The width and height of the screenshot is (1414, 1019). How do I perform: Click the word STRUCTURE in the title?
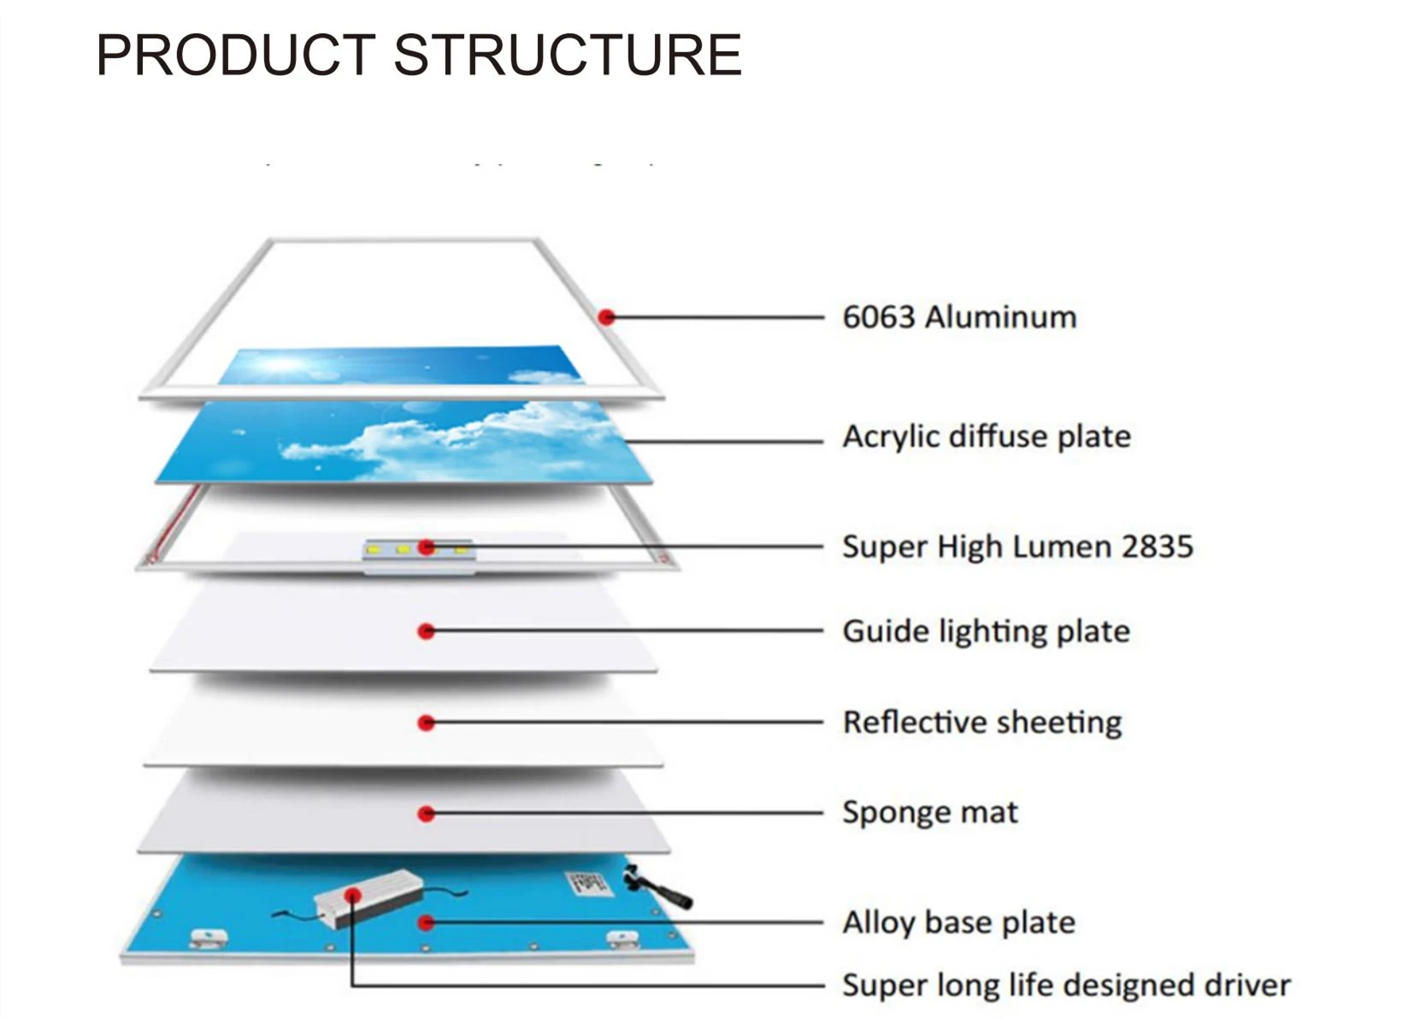pos(567,55)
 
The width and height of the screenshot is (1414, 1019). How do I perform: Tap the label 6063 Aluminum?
pos(958,317)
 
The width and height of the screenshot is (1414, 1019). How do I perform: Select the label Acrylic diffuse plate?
pos(986,437)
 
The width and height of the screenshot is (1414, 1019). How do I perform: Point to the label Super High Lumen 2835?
pos(1016,546)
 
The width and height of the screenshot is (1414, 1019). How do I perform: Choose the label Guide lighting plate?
pos(986,632)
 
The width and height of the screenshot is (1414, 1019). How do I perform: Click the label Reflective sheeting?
pos(981,722)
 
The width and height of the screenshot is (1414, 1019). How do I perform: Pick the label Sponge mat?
pos(929,812)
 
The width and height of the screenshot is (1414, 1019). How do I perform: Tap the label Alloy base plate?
pos(957,922)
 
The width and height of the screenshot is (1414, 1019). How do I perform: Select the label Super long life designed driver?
pos(1065,985)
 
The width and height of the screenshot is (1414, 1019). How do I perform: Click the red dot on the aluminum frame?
pos(607,317)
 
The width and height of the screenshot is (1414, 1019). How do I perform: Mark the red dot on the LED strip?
pos(427,547)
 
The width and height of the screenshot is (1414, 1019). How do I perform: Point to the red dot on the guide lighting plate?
pos(427,632)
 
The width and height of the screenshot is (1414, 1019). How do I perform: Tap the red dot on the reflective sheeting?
pos(427,723)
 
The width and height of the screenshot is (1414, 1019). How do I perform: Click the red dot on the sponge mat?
pos(427,814)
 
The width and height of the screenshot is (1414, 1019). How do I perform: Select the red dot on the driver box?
pos(352,895)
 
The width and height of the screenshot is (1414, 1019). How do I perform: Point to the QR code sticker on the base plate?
pos(589,883)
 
